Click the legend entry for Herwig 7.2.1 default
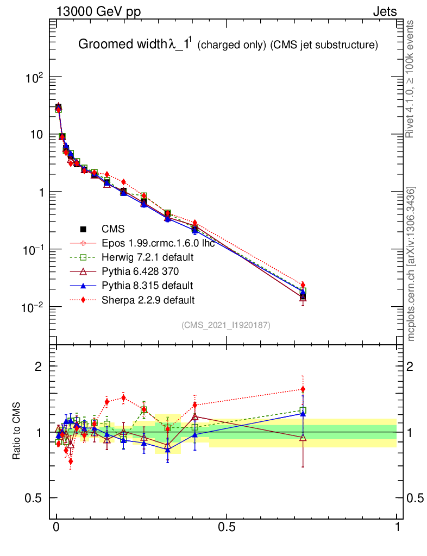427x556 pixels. [x=148, y=257]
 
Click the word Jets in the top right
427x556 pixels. [x=384, y=11]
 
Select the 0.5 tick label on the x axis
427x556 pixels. [x=227, y=527]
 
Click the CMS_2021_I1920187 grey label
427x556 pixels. [x=226, y=325]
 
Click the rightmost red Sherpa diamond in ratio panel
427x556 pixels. [x=303, y=389]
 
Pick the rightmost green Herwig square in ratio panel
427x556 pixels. [x=303, y=410]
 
